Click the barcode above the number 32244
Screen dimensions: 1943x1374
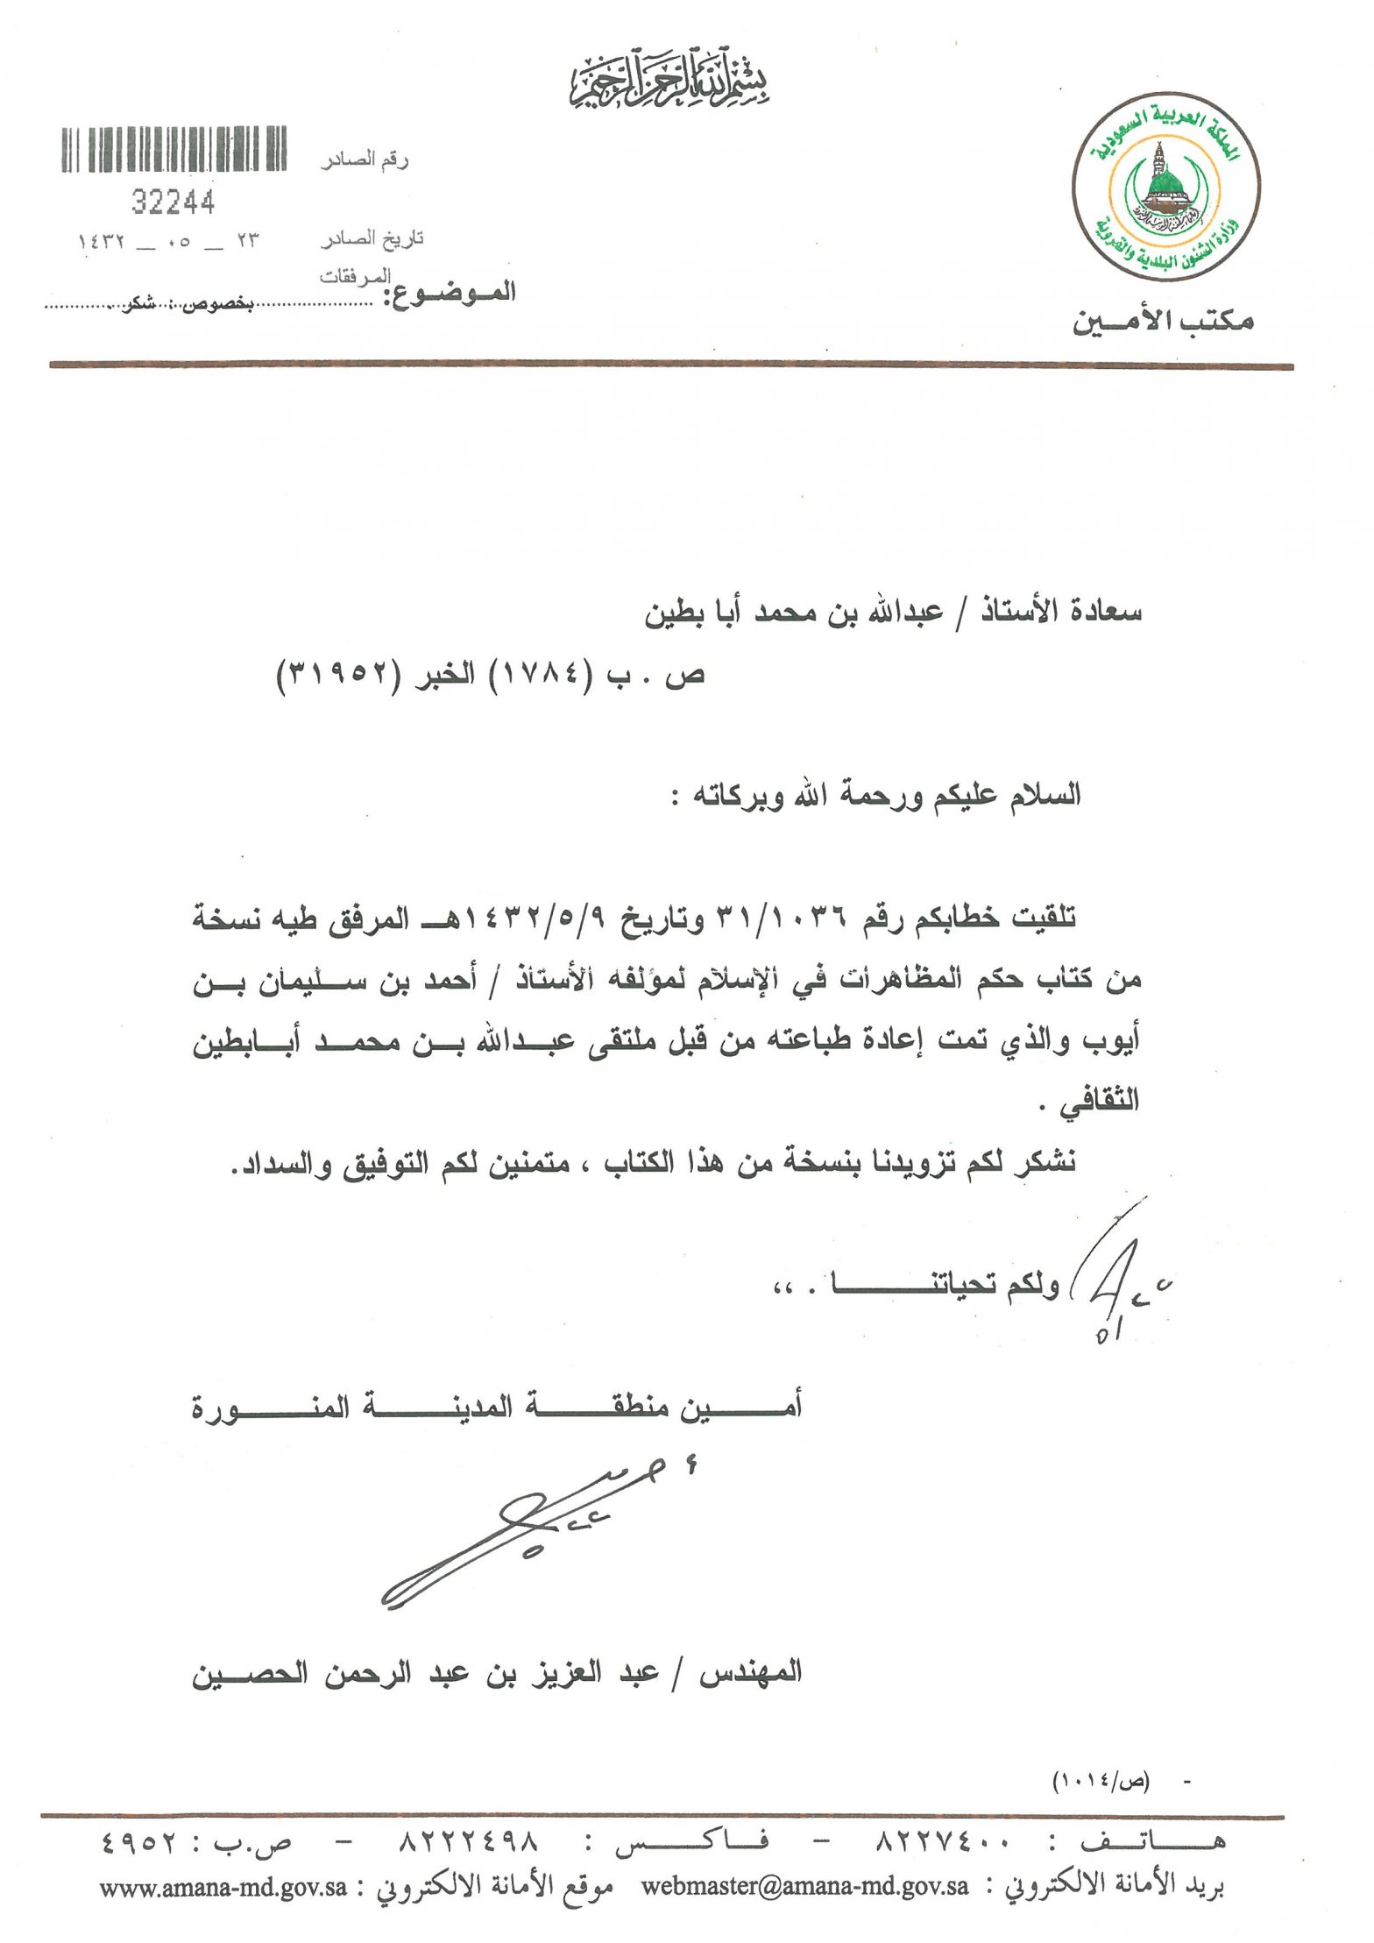click(x=174, y=149)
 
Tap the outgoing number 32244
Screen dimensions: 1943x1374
click(x=173, y=203)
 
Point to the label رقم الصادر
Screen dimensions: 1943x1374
click(x=365, y=160)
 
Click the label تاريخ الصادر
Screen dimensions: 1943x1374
click(x=372, y=238)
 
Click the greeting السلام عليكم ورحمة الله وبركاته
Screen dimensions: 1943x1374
click(x=876, y=797)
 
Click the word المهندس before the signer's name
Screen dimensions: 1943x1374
click(x=750, y=1673)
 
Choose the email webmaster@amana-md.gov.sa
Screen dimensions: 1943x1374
click(x=804, y=1886)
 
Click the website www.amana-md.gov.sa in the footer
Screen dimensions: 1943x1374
click(x=223, y=1887)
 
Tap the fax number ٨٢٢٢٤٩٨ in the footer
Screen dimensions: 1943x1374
click(x=469, y=1843)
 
